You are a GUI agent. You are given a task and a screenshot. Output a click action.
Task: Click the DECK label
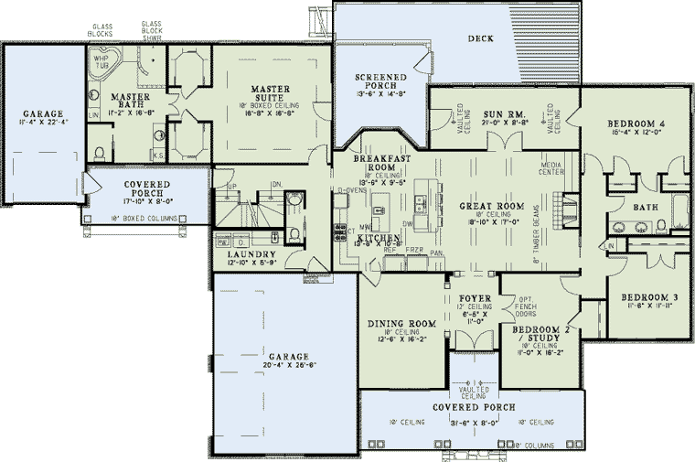tap(481, 38)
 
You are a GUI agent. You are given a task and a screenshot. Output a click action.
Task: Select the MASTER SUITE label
tap(271, 89)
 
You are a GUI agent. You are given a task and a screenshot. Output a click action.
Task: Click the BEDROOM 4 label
tap(636, 124)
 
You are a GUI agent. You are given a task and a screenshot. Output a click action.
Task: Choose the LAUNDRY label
tap(245, 255)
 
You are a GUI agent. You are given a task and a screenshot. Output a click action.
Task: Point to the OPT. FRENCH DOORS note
tap(525, 306)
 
